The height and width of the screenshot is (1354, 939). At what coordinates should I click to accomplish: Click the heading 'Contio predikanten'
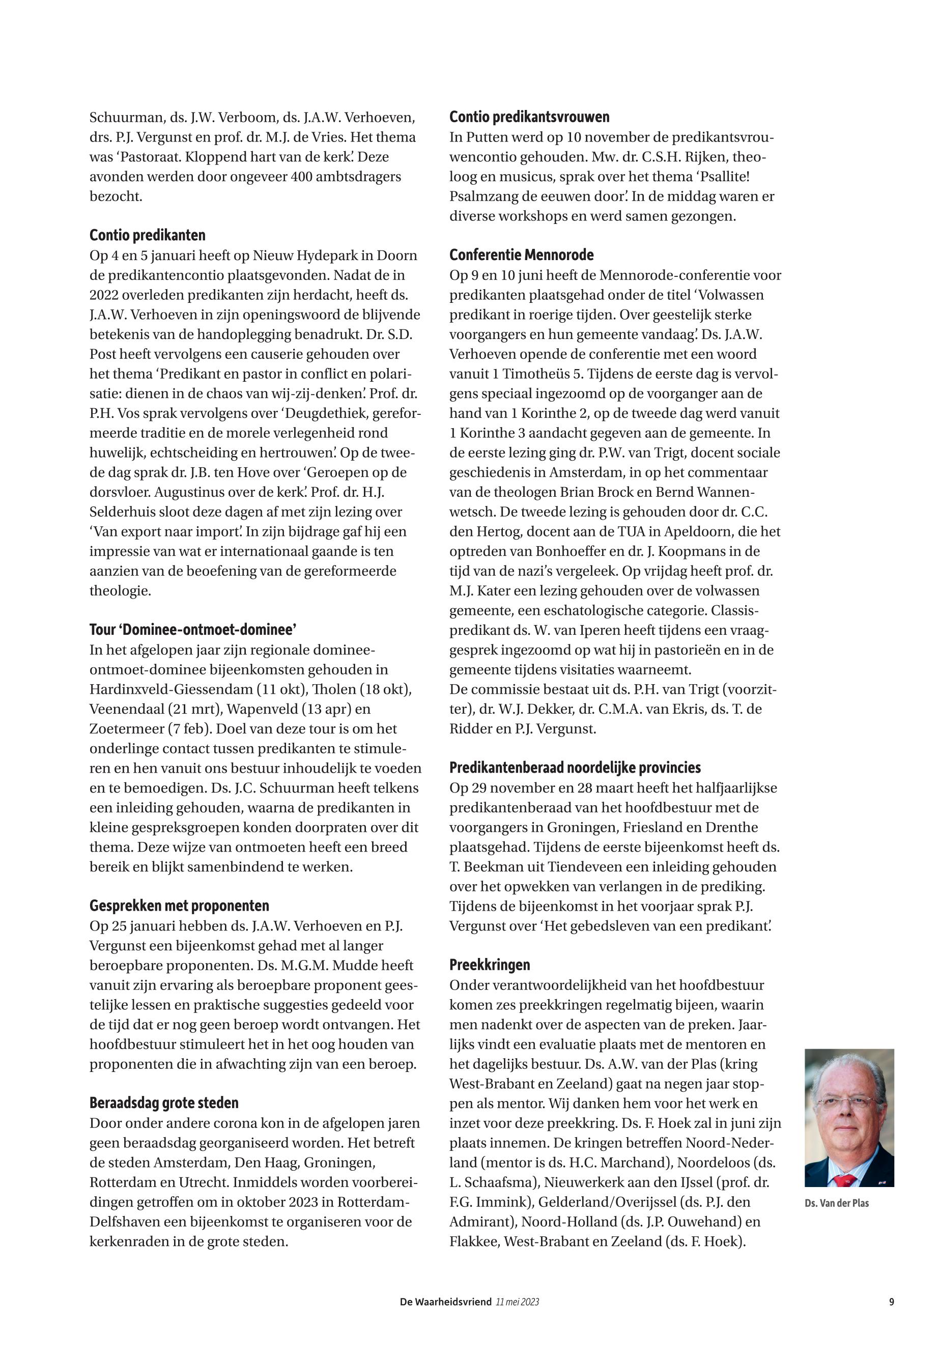tap(147, 235)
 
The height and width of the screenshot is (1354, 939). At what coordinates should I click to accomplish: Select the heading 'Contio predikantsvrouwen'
tap(529, 117)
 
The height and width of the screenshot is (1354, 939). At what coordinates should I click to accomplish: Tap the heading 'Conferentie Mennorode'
tap(521, 255)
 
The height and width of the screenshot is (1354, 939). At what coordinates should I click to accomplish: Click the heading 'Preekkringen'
tap(490, 965)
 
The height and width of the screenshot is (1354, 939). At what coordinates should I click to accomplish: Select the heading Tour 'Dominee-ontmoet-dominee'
tap(192, 630)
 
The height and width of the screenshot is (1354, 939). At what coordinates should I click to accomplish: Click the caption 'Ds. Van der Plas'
tap(836, 1203)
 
